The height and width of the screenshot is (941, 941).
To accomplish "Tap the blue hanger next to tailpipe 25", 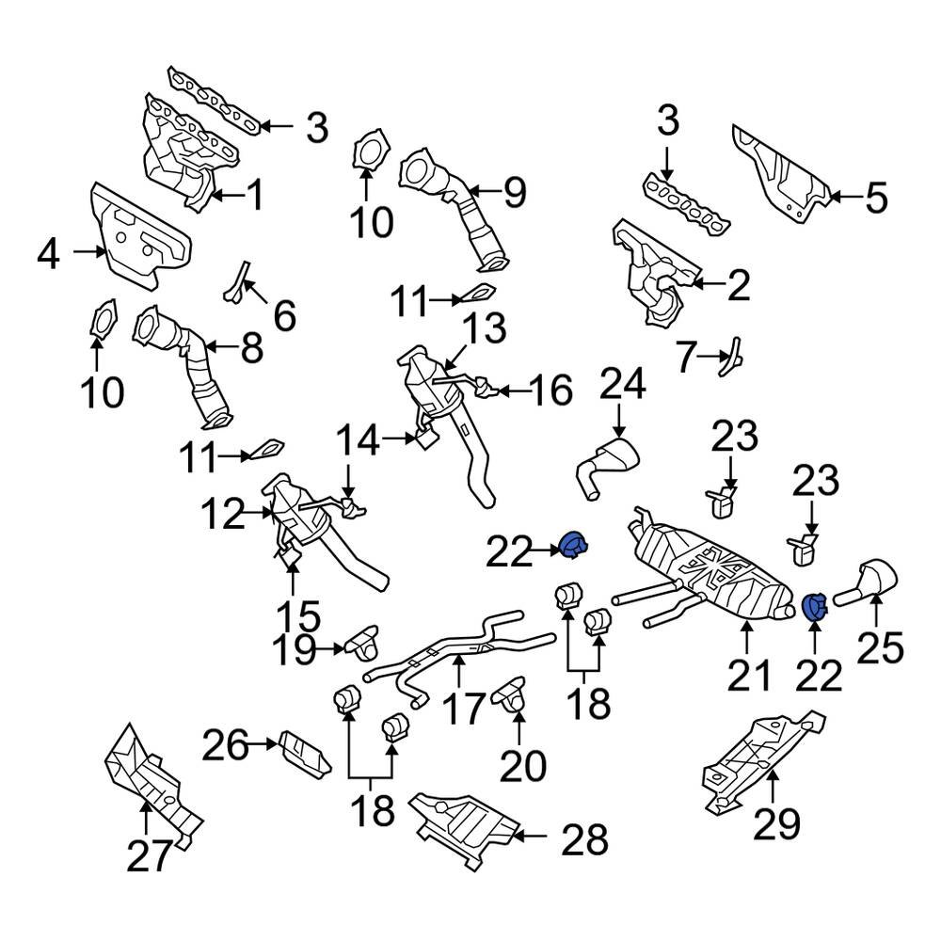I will point(814,607).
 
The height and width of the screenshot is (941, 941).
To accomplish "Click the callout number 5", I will point(875,199).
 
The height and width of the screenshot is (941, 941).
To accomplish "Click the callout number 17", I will point(465,708).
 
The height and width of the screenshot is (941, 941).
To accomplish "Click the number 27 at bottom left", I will point(151,856).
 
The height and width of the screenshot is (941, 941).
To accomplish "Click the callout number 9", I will point(513,193).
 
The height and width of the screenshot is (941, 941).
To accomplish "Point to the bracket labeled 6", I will point(236,282).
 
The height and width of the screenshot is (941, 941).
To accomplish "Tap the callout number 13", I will point(483,329).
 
